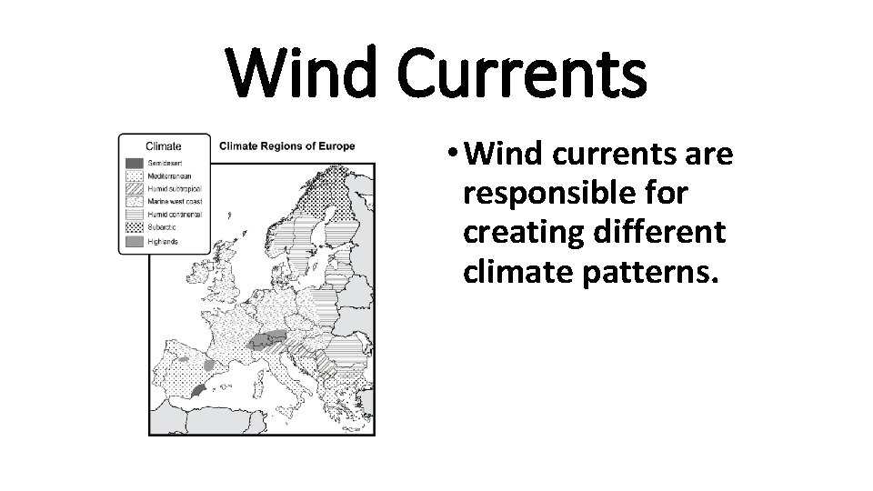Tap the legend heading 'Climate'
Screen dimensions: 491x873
click(163, 145)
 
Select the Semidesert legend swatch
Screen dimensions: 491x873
click(134, 163)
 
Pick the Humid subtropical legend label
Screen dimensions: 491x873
click(174, 189)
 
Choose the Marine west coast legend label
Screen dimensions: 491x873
click(175, 202)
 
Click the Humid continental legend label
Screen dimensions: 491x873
click(175, 215)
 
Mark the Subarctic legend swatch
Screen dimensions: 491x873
click(134, 227)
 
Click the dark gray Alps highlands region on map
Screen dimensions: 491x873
click(268, 340)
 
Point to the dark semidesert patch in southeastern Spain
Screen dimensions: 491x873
click(198, 390)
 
